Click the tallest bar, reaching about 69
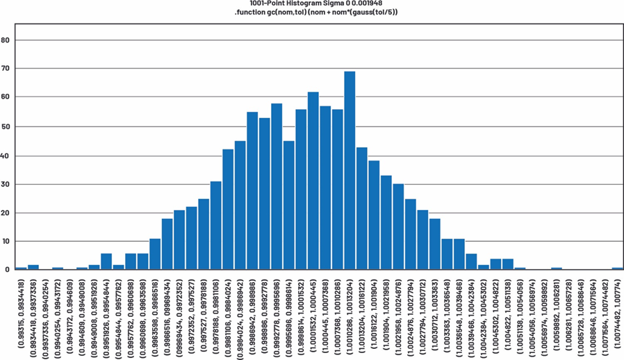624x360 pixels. pos(350,170)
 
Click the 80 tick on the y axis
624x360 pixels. pos(6,40)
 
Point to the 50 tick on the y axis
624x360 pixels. pos(6,126)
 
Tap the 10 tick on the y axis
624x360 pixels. pos(6,241)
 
